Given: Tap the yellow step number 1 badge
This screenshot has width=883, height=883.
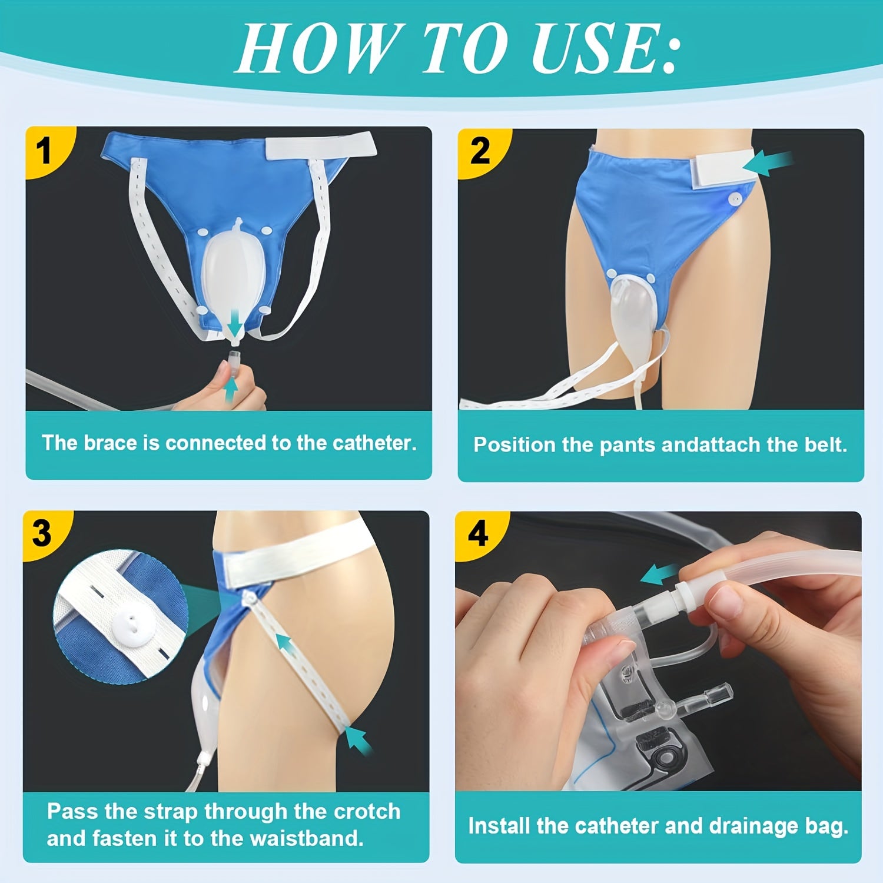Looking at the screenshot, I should pyautogui.click(x=44, y=151).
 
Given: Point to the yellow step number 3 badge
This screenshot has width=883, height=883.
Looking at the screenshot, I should pyautogui.click(x=42, y=533).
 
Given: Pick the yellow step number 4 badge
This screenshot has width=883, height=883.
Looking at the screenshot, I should pyautogui.click(x=477, y=533).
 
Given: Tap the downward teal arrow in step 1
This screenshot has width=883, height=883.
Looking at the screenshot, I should pyautogui.click(x=235, y=322).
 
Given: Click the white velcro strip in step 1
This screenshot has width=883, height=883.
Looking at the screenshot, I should pyautogui.click(x=321, y=145).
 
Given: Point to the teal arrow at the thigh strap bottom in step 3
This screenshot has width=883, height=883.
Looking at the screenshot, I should pyautogui.click(x=359, y=739).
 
